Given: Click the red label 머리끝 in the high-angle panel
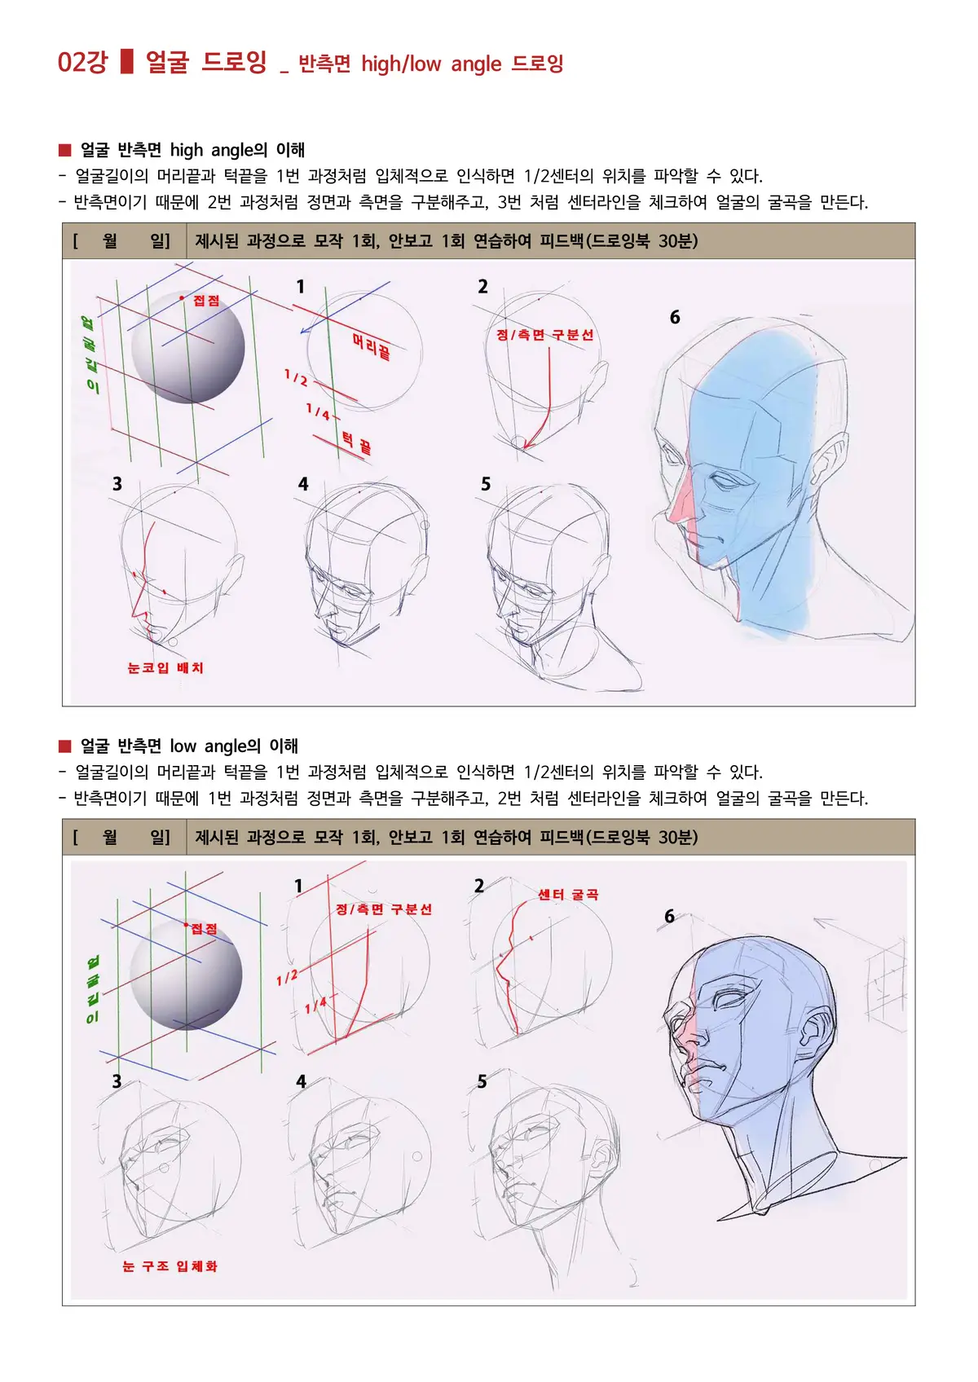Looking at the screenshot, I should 371,345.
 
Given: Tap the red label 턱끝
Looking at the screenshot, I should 356,443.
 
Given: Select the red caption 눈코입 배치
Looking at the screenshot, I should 165,668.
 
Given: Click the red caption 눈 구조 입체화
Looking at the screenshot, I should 170,1266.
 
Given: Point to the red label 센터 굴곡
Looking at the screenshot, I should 568,895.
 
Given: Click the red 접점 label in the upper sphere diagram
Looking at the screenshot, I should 205,301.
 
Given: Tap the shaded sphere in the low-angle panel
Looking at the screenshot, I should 186,975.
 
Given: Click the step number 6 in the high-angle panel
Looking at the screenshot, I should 675,318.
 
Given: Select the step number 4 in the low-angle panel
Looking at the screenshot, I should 301,1082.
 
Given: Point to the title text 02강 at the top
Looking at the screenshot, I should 82,63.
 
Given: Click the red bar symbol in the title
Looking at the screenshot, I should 126,62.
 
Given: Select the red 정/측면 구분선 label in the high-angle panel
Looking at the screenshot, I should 544,335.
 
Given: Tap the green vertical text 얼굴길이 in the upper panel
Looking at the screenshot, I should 90,354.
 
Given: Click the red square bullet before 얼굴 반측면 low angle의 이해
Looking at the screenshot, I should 65,746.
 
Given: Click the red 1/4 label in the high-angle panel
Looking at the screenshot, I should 318,412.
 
